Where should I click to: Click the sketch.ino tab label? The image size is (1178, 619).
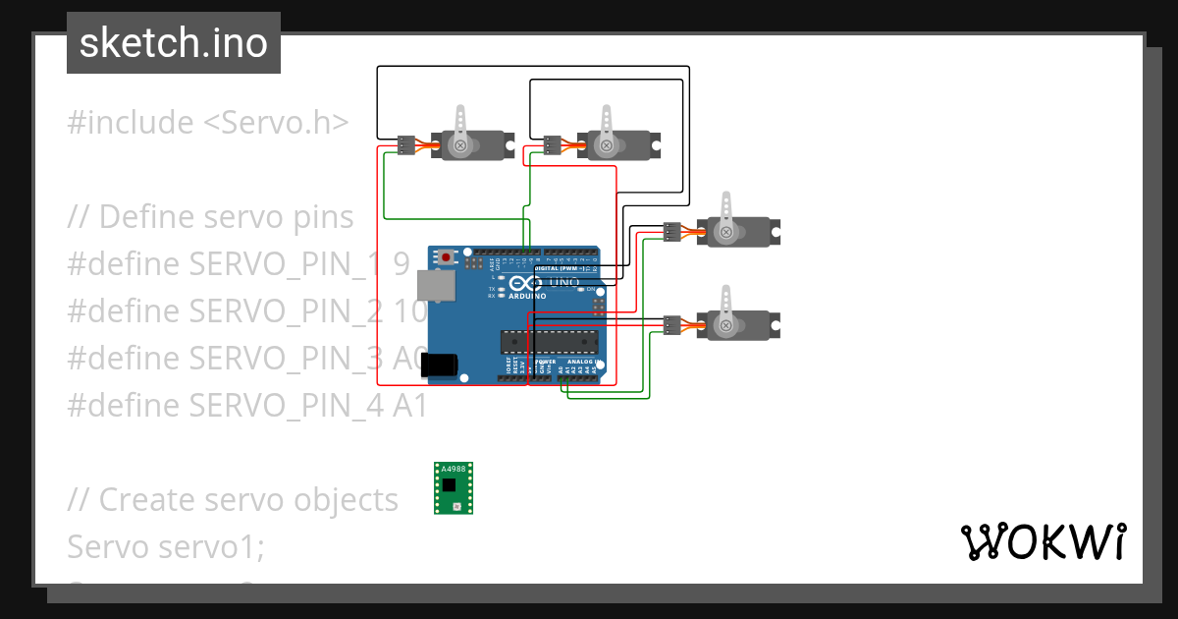click(x=173, y=43)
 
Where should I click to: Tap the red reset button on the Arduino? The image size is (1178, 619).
click(x=447, y=257)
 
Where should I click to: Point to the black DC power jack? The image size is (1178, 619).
click(x=439, y=366)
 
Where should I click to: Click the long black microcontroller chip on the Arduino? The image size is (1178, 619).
click(x=550, y=341)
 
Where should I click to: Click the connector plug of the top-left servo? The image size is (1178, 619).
click(x=406, y=145)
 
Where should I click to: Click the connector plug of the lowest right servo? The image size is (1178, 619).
click(x=671, y=323)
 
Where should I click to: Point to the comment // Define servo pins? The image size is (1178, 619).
click(x=210, y=216)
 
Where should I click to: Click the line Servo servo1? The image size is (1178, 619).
click(x=166, y=546)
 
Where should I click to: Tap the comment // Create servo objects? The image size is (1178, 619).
click(x=233, y=499)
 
